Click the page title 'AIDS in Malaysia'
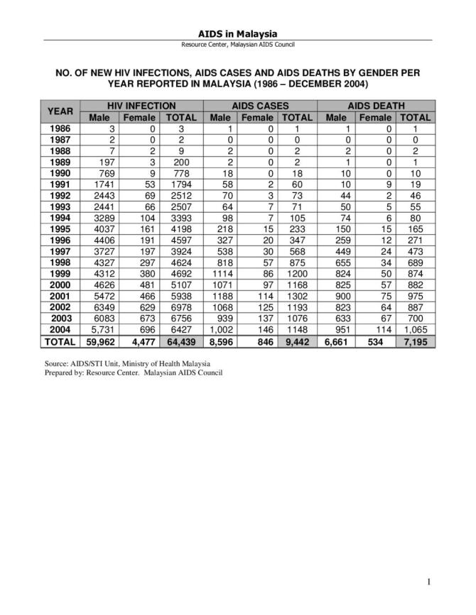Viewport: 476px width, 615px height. click(x=237, y=33)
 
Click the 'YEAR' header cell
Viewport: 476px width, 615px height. click(x=60, y=111)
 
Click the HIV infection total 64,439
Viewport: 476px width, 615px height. click(x=181, y=341)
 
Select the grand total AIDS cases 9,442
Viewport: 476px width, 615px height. click(x=297, y=341)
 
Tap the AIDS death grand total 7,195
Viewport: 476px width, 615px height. click(x=415, y=341)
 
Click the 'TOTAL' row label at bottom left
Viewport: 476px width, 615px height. click(x=60, y=341)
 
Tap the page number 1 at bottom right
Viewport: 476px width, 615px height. click(x=429, y=582)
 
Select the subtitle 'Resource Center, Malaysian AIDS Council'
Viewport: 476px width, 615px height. click(x=237, y=45)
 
